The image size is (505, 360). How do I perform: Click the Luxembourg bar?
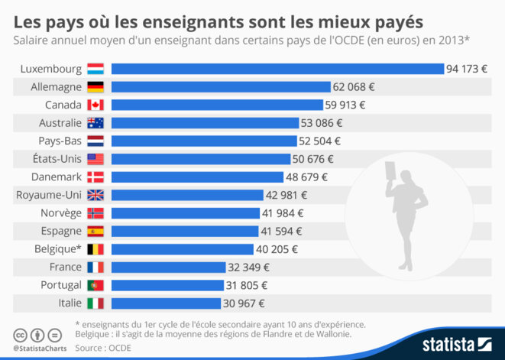277,69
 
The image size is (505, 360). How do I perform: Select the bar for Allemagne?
221,87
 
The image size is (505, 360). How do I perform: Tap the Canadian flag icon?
95,105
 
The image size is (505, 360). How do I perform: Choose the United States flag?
95,159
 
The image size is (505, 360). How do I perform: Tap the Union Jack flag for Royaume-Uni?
95,195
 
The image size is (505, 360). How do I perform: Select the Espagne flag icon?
95,231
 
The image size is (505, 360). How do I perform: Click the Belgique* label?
58,249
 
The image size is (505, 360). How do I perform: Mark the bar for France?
169,267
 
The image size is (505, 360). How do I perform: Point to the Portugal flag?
95,285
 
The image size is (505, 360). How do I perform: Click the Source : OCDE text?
102,348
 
